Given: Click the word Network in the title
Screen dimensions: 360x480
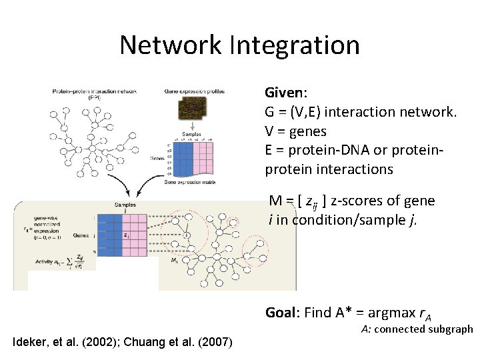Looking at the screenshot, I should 170,45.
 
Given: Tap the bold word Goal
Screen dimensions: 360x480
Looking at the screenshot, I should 281,312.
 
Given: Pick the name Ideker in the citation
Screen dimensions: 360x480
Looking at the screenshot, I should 31,343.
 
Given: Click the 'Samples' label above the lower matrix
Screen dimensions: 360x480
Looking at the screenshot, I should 124,205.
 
